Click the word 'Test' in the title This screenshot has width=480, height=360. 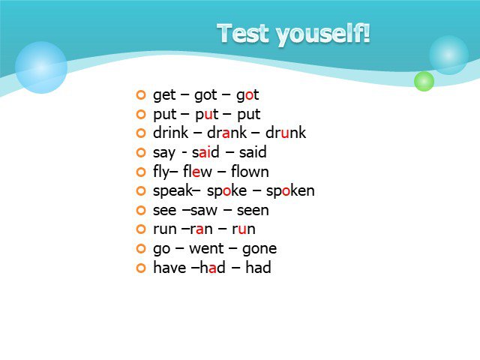[x=243, y=33]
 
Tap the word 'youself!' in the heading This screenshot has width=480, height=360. [x=323, y=34]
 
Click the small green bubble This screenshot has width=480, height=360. [x=424, y=81]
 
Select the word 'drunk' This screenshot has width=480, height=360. [x=286, y=133]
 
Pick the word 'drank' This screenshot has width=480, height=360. [x=226, y=133]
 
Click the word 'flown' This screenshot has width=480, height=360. [x=250, y=172]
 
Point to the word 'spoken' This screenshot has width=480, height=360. [x=290, y=191]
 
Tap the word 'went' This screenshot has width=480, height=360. [x=206, y=248]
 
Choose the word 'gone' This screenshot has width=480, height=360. [x=259, y=250]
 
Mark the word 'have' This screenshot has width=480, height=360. [x=169, y=268]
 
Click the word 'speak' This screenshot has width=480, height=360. [x=173, y=191]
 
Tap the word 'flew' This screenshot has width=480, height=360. [x=197, y=172]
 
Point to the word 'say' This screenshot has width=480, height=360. [x=163, y=153]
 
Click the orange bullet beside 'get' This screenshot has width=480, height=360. [x=141, y=95]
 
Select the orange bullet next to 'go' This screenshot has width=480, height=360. [x=141, y=248]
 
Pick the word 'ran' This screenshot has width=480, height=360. [x=202, y=229]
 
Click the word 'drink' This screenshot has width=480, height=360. [x=171, y=133]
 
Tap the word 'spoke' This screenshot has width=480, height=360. [x=226, y=191]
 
